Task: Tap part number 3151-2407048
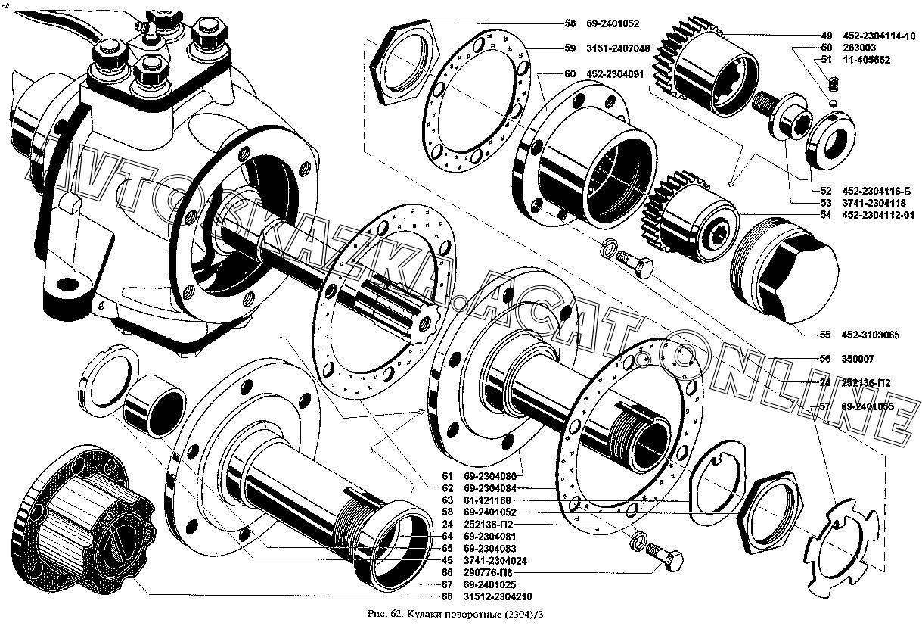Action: coord(617,48)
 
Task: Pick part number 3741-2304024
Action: coord(495,560)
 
